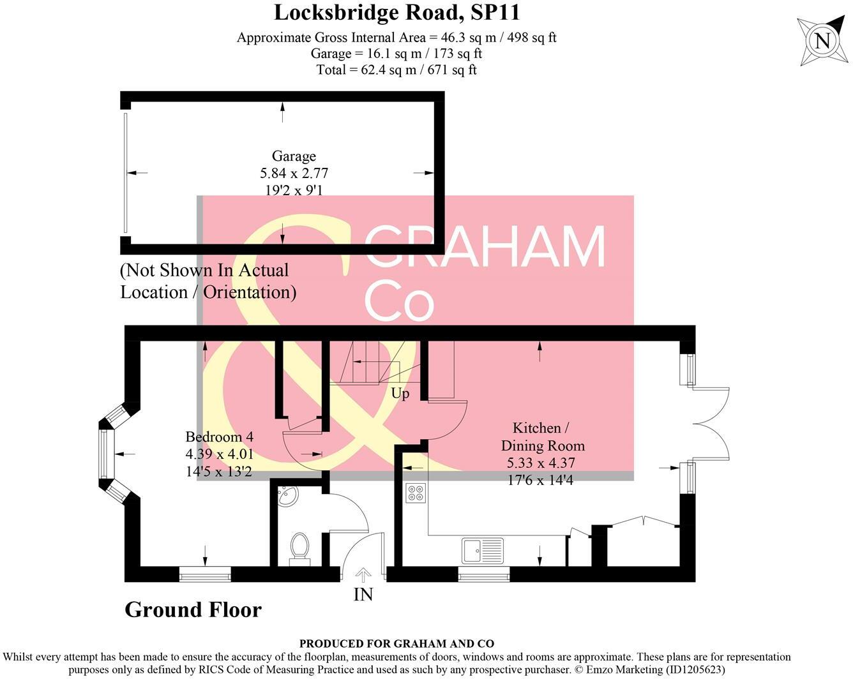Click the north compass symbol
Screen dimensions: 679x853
click(822, 41)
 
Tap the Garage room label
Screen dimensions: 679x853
click(294, 156)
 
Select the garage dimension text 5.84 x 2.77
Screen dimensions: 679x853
click(294, 173)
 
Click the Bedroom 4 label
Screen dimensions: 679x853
click(219, 437)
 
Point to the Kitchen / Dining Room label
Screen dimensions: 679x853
click(542, 436)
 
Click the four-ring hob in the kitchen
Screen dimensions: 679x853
click(416, 493)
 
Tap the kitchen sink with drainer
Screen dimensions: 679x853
click(483, 550)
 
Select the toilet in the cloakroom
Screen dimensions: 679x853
click(299, 548)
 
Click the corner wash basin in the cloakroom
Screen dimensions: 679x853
click(287, 496)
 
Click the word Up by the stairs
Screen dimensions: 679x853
click(400, 394)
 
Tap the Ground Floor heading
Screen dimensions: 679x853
click(193, 609)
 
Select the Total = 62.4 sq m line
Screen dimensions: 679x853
click(396, 70)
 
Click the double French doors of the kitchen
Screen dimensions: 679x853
click(710, 422)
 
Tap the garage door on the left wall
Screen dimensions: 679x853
click(126, 173)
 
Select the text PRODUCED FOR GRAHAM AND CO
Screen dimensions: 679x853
click(396, 644)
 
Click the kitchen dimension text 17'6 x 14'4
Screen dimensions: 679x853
click(540, 479)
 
